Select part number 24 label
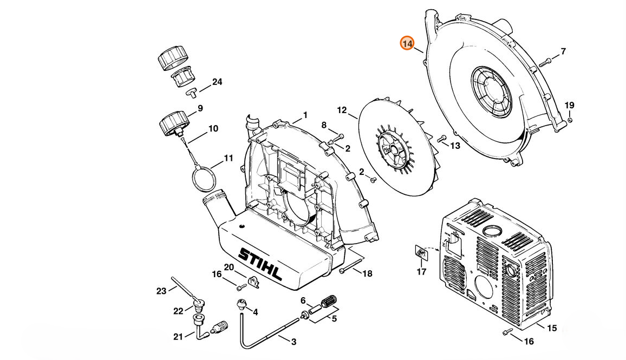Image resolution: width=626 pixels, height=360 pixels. [x=217, y=82]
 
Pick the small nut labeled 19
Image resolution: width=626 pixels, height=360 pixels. [x=570, y=120]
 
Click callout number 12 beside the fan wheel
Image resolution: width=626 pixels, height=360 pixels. [x=342, y=110]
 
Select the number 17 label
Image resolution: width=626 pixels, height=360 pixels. [x=421, y=272]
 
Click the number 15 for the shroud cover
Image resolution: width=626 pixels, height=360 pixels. [x=551, y=328]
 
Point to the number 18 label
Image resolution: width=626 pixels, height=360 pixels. [x=367, y=274]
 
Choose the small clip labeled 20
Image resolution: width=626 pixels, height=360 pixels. [x=253, y=280]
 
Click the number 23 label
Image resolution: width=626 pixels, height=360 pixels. [x=161, y=291]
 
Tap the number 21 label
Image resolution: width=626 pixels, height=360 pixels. [x=178, y=337]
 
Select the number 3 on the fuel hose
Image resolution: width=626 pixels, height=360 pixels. [x=294, y=342]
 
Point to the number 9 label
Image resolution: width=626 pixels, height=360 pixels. [x=200, y=108]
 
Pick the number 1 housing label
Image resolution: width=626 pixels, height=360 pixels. [x=305, y=115]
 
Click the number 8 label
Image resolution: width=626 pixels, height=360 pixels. [x=324, y=125]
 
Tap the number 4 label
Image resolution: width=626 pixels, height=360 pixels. [x=255, y=312]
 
